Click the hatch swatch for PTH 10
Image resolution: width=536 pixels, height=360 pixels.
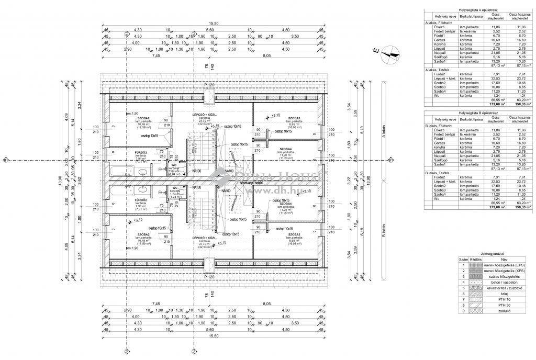pyautogui.click(x=474, y=300)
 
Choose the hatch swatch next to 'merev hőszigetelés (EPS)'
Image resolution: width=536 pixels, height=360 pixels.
pyautogui.click(x=474, y=265)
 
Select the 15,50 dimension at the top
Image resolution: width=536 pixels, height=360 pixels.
pyautogui.click(x=213, y=24)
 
